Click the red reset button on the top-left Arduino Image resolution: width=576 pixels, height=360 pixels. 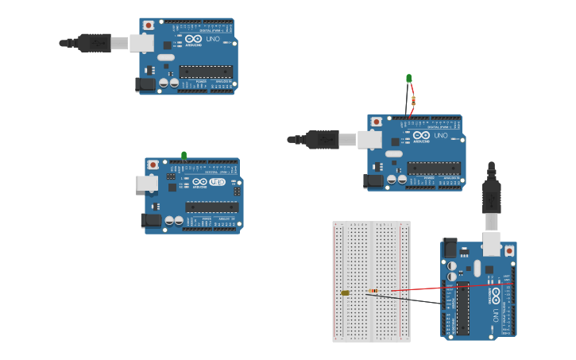[x=149, y=25]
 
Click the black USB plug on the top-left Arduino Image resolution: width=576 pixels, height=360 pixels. [x=95, y=43]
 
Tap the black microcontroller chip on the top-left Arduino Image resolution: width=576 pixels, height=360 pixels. [x=206, y=72]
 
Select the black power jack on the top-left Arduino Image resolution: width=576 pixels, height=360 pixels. [x=146, y=83]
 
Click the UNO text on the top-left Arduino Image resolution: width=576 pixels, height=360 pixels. [x=214, y=39]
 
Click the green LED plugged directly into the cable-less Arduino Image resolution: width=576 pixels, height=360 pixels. [x=184, y=156]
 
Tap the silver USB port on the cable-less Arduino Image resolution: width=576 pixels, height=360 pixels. [x=147, y=183]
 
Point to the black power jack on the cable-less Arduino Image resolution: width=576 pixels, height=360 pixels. [x=151, y=220]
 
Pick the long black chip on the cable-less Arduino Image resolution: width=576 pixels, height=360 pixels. [x=211, y=207]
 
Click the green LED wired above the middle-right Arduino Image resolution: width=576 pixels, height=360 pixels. [x=409, y=79]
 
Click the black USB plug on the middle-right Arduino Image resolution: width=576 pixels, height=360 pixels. [x=323, y=140]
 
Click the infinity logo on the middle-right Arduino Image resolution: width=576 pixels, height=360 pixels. [x=421, y=136]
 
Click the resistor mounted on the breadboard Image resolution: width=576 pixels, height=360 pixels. [x=373, y=291]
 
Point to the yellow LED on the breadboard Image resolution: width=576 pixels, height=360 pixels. [x=345, y=293]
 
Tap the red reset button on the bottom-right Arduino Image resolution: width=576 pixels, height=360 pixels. [x=509, y=251]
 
